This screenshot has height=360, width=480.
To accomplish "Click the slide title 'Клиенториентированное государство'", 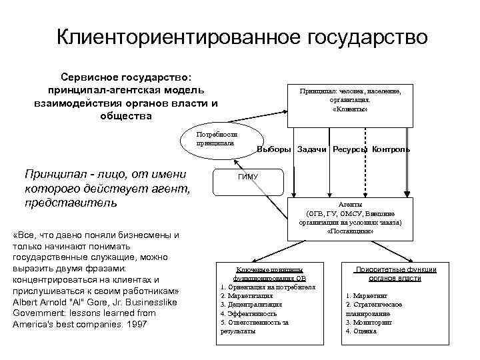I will [x=241, y=37].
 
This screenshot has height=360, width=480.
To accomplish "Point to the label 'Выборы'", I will [x=274, y=149].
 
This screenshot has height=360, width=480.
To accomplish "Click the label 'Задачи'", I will [x=312, y=149].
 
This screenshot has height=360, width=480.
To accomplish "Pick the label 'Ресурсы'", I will [x=350, y=149].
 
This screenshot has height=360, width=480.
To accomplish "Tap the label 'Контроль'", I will [x=391, y=149].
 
